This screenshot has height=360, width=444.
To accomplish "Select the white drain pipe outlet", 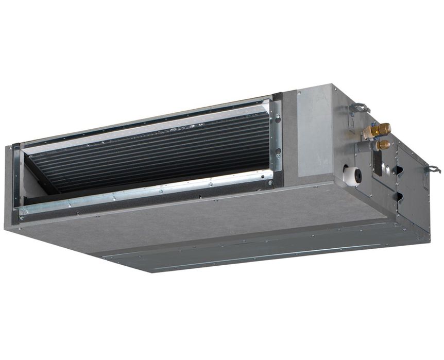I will pos(352,176).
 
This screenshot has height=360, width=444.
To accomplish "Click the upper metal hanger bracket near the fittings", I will pos(359,109).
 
